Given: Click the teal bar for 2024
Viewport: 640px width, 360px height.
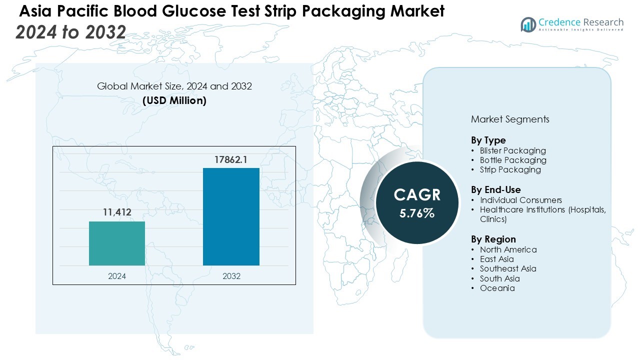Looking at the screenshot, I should pos(117,243).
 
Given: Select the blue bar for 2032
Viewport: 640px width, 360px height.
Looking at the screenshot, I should pos(231,216).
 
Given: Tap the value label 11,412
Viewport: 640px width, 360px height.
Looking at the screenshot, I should pos(117,212).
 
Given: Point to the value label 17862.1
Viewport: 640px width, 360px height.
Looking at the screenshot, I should pos(231,160).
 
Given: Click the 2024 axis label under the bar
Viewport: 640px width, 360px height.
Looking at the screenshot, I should pos(117,276).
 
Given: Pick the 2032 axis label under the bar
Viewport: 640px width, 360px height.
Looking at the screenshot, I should pos(231,276).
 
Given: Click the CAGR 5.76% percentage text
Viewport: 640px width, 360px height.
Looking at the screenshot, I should pos(417,213).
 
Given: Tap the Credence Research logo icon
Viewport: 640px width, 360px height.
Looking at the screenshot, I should pos(528,24).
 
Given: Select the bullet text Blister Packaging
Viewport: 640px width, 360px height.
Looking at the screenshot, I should pos(512,150).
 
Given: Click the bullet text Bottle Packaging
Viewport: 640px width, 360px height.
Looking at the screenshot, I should pos(513,160).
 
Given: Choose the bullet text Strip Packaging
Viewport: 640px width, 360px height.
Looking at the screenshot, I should pos(510,169).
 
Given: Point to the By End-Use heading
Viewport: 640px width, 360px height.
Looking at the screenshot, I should pos(495,189).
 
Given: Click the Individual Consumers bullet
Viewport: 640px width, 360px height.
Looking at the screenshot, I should pos(520,200).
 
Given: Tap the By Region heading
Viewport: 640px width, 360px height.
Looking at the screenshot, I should pos(493,239).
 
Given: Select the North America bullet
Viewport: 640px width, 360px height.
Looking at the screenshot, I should pos(508,249).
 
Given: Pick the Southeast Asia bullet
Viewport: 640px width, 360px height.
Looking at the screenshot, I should pos(507,268).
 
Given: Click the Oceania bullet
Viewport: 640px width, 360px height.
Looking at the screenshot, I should pos(497,288).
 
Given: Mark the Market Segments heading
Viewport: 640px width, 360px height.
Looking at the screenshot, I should pos(510,119).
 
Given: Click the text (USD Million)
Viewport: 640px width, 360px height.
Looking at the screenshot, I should pos(174,100).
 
